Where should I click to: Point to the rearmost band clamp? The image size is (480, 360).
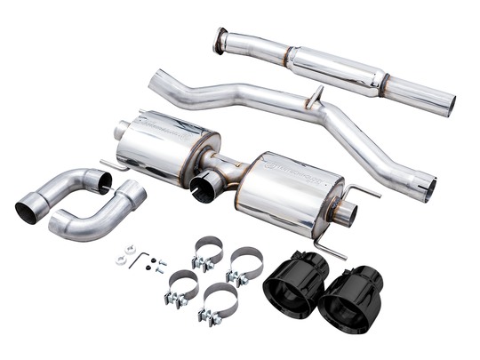[207, 252]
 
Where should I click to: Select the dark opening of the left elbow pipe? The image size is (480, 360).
[28, 211]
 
